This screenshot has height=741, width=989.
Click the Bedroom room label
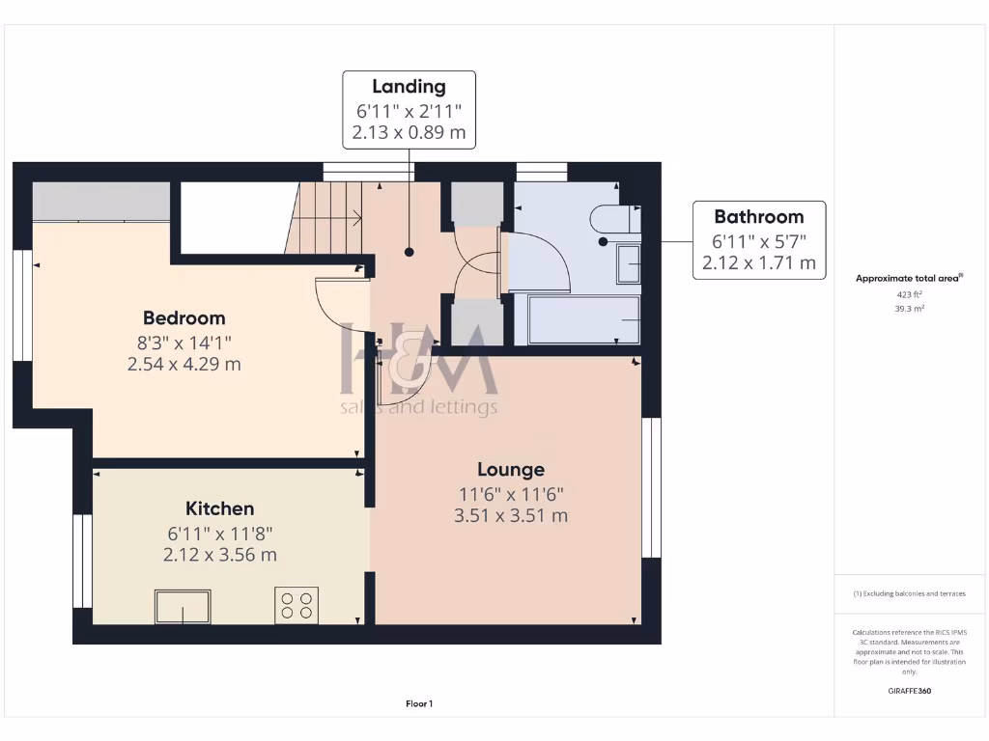coord(184,317)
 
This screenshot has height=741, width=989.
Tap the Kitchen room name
coord(219,508)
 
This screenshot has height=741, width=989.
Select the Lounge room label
coord(510,470)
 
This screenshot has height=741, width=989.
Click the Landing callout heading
coord(409,87)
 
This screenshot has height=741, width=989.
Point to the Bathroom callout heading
coord(758,216)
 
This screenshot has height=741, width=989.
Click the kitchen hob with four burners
coord(297,605)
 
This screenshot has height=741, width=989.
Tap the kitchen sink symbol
coord(183,607)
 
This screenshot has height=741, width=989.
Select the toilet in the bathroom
coord(614,218)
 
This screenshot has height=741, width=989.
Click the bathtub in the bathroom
coord(577,320)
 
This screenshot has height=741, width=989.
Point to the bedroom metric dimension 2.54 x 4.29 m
coord(184,364)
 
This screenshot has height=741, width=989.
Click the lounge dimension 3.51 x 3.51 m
coord(510,515)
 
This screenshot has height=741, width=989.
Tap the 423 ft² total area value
coord(909,295)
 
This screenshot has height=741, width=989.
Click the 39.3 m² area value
coord(909,309)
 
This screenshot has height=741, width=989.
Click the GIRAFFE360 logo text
coord(909,691)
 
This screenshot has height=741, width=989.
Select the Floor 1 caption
coord(419,704)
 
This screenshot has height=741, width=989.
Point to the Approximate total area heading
coord(908,278)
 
